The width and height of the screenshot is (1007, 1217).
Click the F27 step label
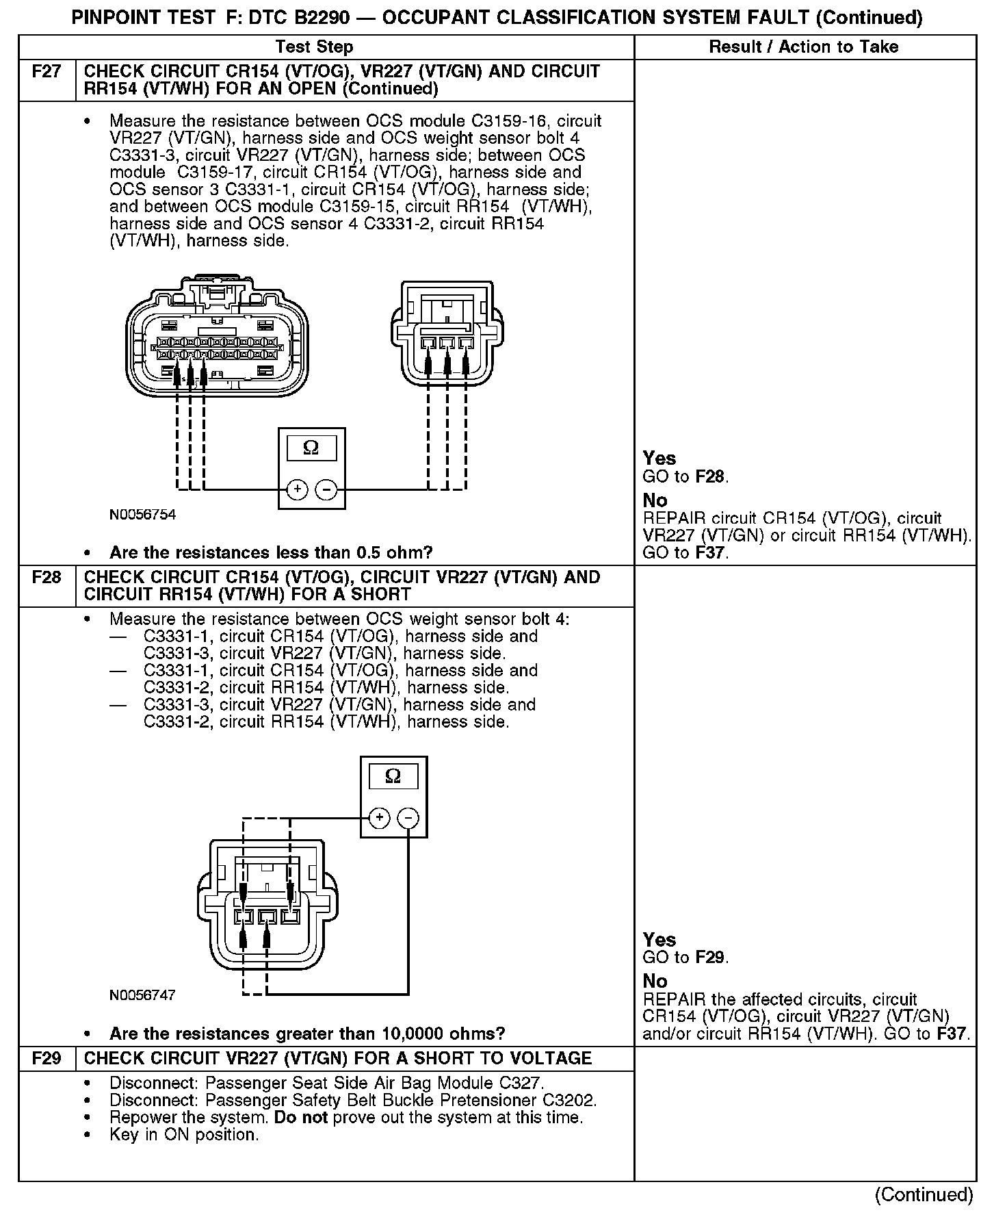(47, 72)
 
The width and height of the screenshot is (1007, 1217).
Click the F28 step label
(47, 578)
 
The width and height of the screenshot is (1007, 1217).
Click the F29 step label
(47, 1059)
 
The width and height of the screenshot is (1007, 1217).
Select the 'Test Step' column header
(314, 47)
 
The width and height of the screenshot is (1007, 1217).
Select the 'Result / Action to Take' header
(804, 47)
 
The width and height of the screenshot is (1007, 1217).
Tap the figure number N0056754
(142, 515)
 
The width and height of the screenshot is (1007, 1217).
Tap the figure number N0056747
(142, 995)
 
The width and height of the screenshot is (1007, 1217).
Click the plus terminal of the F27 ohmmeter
(297, 489)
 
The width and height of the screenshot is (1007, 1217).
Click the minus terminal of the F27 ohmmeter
(326, 489)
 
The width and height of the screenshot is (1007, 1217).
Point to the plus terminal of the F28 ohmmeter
(380, 818)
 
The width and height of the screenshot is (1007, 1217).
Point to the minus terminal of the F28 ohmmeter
(408, 818)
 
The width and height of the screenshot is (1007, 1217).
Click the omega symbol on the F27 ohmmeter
(311, 448)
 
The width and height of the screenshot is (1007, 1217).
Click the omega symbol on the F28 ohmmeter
(393, 776)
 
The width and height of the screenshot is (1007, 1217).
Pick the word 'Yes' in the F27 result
(659, 459)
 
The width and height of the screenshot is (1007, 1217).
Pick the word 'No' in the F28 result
(655, 981)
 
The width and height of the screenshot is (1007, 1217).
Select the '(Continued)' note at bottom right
(924, 1194)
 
